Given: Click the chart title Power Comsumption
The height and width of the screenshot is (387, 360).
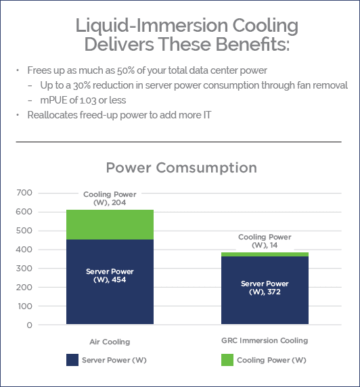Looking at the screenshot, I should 181,167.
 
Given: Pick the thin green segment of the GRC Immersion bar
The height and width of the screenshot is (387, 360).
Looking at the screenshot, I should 256,254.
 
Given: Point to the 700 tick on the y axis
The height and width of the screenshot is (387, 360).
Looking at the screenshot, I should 24,193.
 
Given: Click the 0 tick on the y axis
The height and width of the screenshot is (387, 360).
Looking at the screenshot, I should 29,325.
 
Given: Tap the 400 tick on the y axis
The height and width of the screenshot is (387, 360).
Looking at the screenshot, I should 24,250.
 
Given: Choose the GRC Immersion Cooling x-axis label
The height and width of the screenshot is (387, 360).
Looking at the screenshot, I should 265,340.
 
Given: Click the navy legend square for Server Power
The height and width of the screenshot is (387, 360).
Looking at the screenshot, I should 72,360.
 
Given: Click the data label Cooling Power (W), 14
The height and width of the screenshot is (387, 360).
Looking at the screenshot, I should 265,242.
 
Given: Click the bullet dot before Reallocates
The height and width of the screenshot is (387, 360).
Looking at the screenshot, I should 18,115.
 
